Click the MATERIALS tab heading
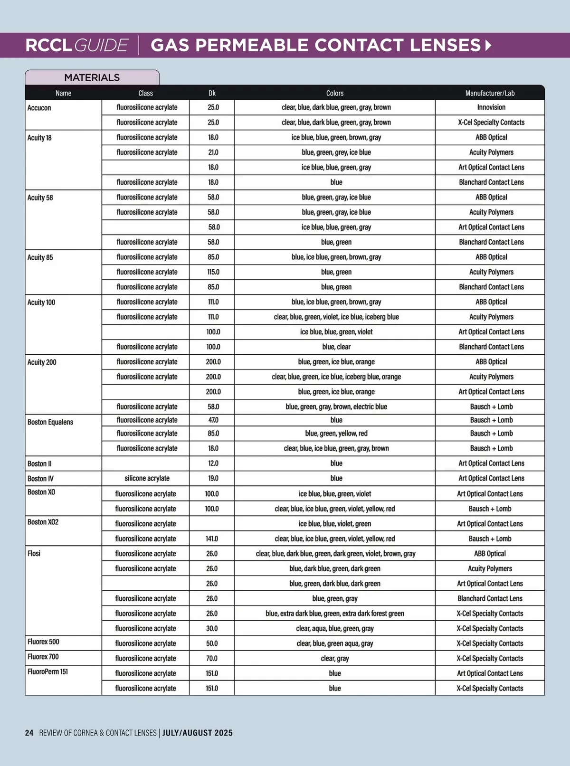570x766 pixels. coord(92,77)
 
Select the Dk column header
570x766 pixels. coord(212,93)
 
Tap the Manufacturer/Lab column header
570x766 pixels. coord(490,93)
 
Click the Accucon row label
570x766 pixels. coord(39,108)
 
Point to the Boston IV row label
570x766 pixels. coord(40,479)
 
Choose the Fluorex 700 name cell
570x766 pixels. coord(43,657)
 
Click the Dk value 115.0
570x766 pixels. coord(213,272)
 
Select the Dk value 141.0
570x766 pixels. coord(212,539)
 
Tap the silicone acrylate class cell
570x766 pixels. coord(147,478)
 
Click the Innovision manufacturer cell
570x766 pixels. coord(491,107)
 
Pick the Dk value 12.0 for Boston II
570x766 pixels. coord(213,463)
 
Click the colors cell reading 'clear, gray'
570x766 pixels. coord(335,658)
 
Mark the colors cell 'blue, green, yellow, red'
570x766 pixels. coord(336,433)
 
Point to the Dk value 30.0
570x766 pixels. coord(212,628)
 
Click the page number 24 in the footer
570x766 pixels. coord(29,733)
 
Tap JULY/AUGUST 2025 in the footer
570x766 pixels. coord(198,733)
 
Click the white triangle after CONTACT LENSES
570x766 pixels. coord(488,46)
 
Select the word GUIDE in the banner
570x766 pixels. coord(101,46)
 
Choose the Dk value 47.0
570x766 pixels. coord(213,420)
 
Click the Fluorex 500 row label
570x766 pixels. coord(43,642)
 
